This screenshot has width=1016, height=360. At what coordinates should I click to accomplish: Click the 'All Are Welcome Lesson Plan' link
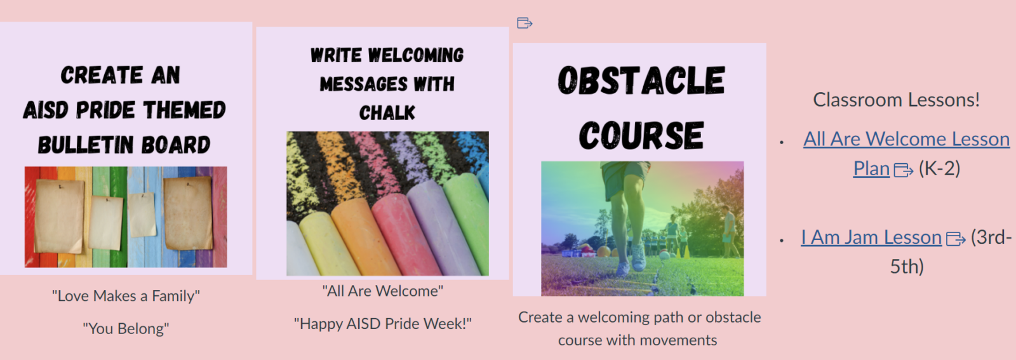[906, 139]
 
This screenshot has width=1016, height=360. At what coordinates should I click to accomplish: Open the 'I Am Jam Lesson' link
[871, 237]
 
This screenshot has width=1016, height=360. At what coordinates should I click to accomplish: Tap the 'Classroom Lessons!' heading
[896, 100]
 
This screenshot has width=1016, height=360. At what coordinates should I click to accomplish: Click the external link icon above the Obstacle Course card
[525, 23]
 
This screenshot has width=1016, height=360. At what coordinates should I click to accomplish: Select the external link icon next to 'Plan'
[903, 170]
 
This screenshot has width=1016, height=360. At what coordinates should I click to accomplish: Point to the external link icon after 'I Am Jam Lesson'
[956, 239]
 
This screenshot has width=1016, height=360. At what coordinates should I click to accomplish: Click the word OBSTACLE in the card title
[641, 81]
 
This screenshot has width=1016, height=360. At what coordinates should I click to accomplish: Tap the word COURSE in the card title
[641, 136]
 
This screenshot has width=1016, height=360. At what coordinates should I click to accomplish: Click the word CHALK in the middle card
[387, 113]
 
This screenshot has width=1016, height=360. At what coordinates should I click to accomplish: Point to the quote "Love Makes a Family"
[126, 296]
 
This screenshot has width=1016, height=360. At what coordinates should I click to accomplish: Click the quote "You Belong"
[126, 329]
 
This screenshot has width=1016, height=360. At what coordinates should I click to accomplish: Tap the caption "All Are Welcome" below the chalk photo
[382, 291]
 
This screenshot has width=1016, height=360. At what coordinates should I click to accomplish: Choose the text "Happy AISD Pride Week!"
[382, 324]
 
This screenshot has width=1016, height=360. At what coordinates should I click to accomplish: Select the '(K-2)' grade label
[939, 169]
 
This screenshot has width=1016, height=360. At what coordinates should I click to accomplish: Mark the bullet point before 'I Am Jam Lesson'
[782, 241]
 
